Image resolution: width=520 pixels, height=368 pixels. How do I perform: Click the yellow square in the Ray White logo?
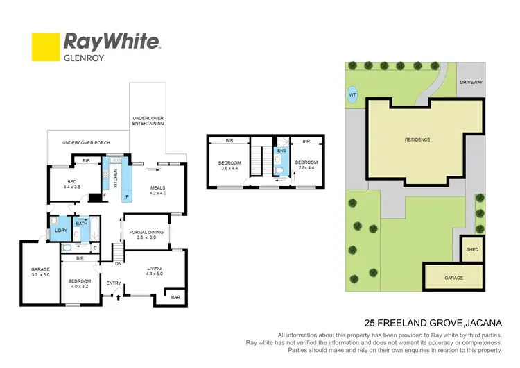pos(46,47)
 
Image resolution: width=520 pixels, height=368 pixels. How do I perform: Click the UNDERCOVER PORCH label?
pos(82,143)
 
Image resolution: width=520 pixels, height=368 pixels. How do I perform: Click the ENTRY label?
pos(113,283)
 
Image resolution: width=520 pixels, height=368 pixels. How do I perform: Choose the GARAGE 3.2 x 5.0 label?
pos(40,272)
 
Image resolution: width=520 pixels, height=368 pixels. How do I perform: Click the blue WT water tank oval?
pos(352,95)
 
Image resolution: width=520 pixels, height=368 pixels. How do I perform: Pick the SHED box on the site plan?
pos(471,249)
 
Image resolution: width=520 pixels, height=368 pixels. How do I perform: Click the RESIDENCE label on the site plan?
pos(417,140)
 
